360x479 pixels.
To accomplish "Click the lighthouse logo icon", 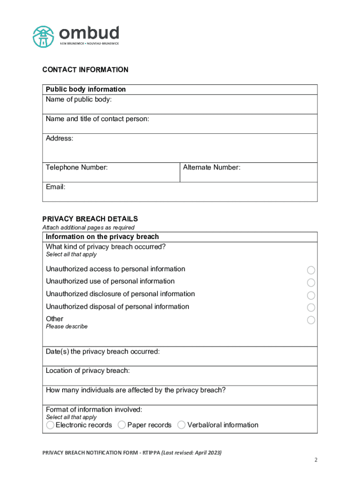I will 43,36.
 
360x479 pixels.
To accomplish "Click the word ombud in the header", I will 89,33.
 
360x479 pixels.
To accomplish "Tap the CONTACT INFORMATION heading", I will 85,70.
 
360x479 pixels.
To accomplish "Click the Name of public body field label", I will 79,99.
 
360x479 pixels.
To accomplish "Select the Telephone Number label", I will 77,167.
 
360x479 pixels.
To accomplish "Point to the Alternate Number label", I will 212,167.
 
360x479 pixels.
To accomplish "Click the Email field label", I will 56,187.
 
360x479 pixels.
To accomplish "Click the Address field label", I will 59,138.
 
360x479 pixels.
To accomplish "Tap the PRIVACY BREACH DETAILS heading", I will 90,218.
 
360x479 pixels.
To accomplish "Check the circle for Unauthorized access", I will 311,270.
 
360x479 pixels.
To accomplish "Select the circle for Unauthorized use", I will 311,283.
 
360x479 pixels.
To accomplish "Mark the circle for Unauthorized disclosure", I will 311,295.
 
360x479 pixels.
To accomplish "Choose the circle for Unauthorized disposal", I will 311,307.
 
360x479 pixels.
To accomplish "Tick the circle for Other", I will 311,320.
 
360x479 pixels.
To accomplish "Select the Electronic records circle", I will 50,425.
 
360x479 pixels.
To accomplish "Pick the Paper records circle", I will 122,425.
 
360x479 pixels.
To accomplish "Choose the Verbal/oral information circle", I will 181,425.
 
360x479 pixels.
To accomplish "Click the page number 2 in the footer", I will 316,460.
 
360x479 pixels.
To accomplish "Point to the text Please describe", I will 66,327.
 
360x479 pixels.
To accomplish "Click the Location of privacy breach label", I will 87,370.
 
